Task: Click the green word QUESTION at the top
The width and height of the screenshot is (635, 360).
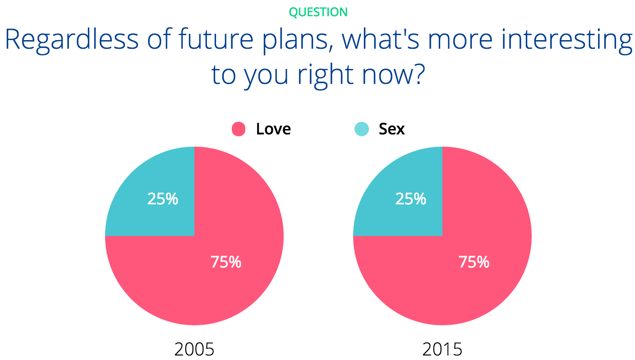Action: [x=318, y=12]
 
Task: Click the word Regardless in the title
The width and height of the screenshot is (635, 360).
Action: [x=72, y=40]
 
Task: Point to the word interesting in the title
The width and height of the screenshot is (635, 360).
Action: [x=567, y=41]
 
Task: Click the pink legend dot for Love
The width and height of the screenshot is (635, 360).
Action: [x=239, y=129]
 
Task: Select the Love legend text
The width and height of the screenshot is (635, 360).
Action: [x=273, y=129]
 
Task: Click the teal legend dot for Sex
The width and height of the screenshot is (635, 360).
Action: [x=362, y=129]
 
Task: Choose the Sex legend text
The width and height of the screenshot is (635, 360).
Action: [x=392, y=129]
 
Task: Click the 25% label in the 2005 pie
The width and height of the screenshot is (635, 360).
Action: [x=163, y=198]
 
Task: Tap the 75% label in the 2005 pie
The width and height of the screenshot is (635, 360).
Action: [x=226, y=262]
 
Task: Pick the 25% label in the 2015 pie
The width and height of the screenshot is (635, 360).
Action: [x=411, y=198]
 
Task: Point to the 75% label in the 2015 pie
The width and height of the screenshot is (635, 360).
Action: [x=474, y=262]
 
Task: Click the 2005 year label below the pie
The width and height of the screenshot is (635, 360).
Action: [x=194, y=349]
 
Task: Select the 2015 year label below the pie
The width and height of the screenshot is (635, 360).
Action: [x=442, y=349]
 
